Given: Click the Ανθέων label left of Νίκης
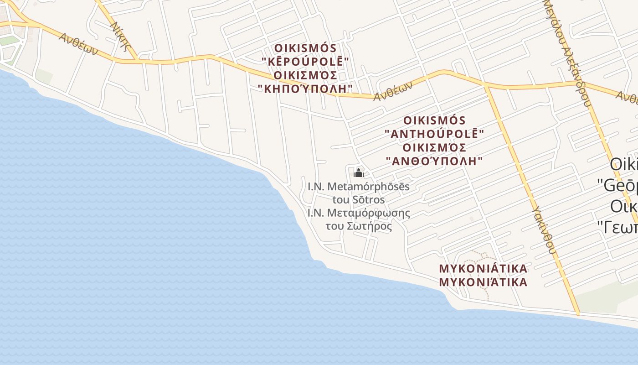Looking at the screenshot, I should [78, 44].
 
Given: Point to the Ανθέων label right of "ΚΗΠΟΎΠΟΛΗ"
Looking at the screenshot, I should [393, 91].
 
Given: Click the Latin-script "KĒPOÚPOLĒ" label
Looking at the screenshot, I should [305, 62].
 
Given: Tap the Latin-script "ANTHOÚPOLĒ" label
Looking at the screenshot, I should [434, 134].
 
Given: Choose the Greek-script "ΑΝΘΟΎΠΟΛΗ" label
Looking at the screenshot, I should [434, 161].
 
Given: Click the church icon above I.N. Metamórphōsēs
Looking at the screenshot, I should [359, 173].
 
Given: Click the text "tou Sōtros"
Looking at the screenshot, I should [359, 200].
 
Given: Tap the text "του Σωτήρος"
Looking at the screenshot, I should [359, 226].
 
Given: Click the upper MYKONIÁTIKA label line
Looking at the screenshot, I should [483, 268].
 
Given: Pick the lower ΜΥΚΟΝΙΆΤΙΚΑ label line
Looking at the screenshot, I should [483, 282].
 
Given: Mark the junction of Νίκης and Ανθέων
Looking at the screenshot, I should [138, 61].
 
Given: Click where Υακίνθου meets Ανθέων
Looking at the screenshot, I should [486, 85].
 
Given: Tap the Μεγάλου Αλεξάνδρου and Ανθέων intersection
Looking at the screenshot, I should [584, 83].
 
